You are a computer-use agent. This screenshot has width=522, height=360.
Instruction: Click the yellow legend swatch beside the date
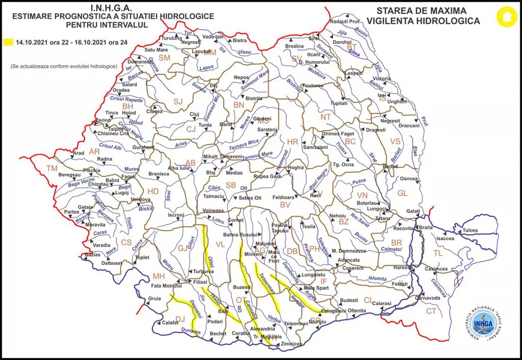click(x=8, y=43)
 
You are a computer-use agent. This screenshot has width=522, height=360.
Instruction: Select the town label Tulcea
click(x=470, y=230)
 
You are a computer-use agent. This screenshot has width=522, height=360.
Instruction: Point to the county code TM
click(x=52, y=169)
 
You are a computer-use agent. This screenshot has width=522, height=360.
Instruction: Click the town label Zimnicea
click(x=290, y=343)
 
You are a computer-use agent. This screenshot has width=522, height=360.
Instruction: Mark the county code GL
click(x=402, y=193)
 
